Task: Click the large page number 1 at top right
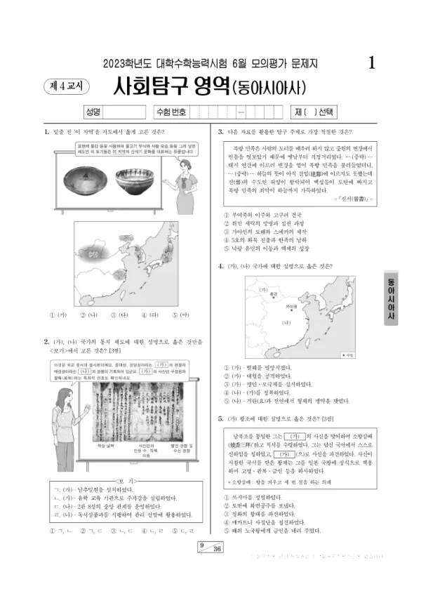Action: pyautogui.click(x=371, y=62)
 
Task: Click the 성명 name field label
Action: pyautogui.click(x=93, y=112)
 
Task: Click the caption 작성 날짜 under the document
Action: pyautogui.click(x=105, y=445)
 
